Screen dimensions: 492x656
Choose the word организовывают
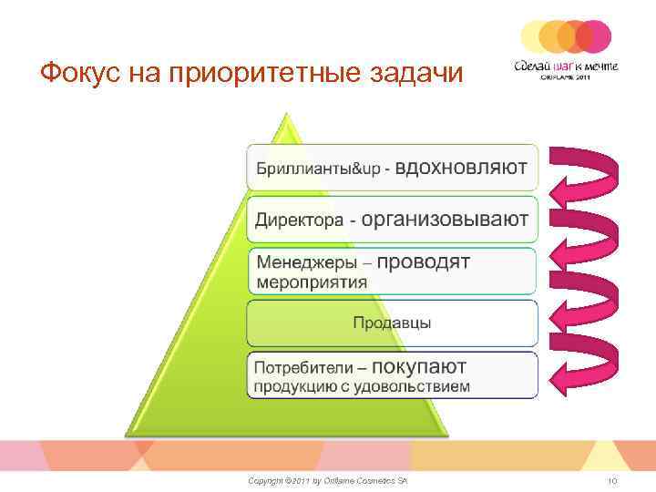click(444, 220)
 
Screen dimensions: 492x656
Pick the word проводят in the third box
click(424, 261)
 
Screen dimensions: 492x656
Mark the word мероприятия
click(312, 282)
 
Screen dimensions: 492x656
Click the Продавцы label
click(392, 323)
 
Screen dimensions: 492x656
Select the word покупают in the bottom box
click(419, 366)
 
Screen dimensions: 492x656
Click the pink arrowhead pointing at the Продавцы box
click(556, 323)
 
